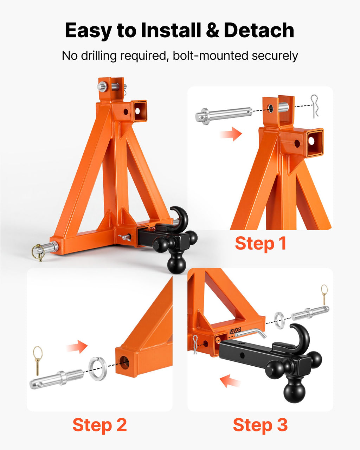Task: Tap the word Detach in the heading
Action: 259,30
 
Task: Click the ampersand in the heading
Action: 212,31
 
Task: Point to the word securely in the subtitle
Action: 275,56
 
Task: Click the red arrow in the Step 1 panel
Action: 231,134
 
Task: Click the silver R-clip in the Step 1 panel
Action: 315,106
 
